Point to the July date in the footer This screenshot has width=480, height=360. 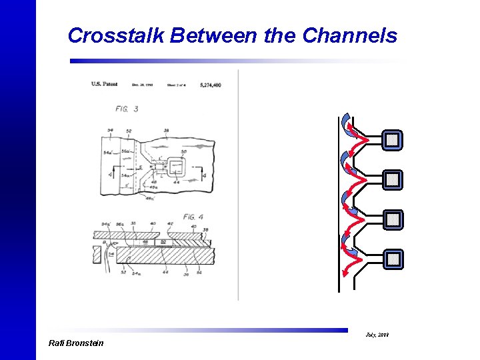[x=376, y=333]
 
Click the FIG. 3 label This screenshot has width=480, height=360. [x=127, y=108]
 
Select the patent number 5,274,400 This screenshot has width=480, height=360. [x=210, y=85]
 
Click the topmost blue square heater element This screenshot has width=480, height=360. [x=393, y=139]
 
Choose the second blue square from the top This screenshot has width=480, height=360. [x=393, y=179]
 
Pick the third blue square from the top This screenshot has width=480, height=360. [x=393, y=219]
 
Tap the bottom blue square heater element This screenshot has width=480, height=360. [x=393, y=259]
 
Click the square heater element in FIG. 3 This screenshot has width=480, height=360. [x=177, y=165]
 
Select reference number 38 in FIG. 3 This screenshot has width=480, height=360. [x=167, y=131]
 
